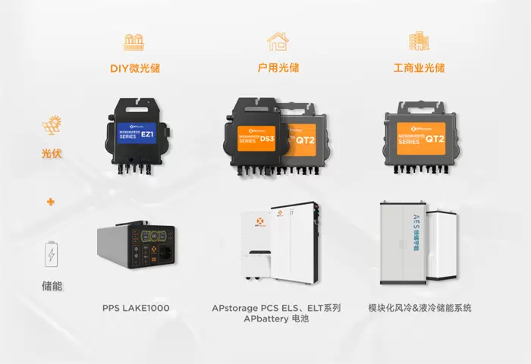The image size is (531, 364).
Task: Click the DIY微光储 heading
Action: [x=134, y=68]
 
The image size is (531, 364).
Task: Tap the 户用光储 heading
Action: [x=278, y=67]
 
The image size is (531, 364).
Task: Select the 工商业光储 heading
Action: [x=418, y=67]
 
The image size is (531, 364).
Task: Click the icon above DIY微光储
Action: [x=134, y=42]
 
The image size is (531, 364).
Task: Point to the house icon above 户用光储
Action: [x=278, y=41]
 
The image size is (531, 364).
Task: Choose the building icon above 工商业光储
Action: [x=418, y=41]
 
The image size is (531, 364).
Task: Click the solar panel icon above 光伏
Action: [x=52, y=125]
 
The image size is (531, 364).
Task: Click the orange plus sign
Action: [x=52, y=202]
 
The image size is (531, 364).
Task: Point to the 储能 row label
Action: [x=52, y=287]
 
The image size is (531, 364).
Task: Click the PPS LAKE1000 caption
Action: [x=136, y=309]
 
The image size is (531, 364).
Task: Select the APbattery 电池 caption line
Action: [x=277, y=320]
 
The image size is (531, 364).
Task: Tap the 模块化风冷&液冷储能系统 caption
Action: [x=419, y=309]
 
